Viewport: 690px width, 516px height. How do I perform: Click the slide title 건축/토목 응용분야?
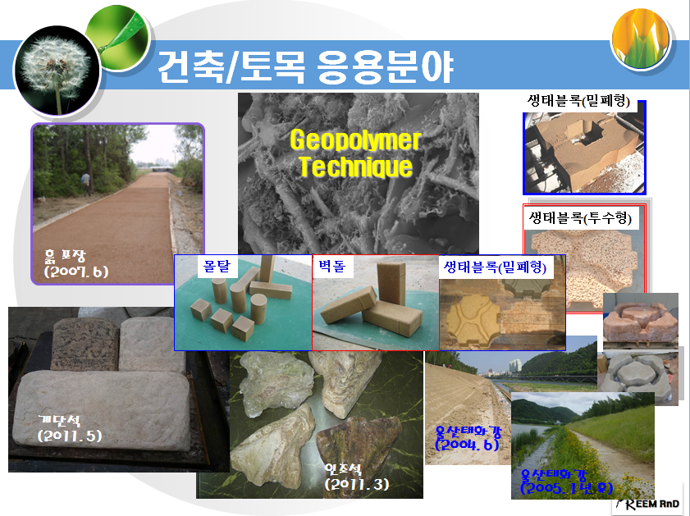point(305,69)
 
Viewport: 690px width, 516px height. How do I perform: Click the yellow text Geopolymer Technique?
point(354,153)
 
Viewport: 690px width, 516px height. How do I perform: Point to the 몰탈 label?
point(218,267)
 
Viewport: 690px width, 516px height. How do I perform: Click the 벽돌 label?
point(332,267)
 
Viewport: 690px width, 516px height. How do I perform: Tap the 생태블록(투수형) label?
point(580,218)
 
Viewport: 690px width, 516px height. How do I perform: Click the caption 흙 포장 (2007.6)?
point(75,263)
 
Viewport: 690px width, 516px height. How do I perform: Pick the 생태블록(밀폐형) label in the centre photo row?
point(495,267)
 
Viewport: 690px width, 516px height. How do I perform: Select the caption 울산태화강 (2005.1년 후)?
point(566,482)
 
